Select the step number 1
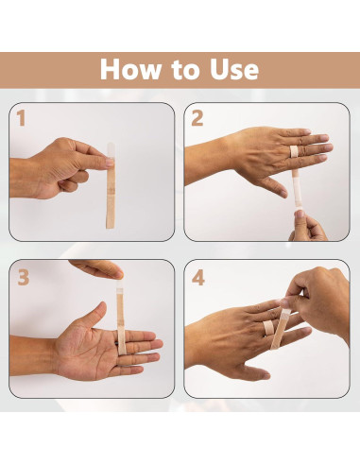20,119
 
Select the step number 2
197,119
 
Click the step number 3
22,277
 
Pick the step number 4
198,278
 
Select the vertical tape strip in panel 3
121,312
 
